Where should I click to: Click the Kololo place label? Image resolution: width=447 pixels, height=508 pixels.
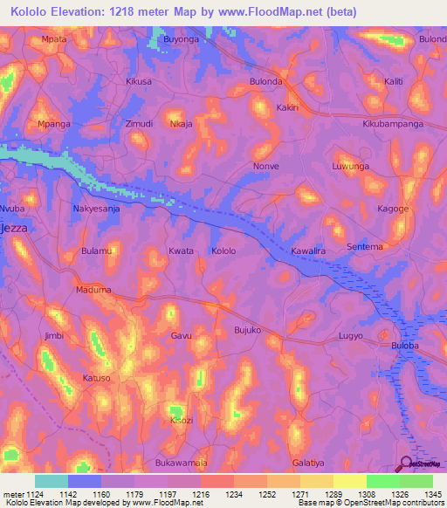tap(223, 251)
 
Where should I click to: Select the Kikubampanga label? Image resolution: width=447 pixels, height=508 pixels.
tap(393, 125)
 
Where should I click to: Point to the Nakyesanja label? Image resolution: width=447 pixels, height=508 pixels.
tap(95, 209)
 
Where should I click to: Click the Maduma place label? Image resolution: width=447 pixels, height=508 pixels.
tap(93, 290)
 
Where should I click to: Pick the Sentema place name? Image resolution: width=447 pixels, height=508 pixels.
tap(365, 247)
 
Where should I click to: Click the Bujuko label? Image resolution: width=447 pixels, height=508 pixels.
tap(248, 330)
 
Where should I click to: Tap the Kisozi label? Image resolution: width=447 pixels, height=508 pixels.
tap(182, 421)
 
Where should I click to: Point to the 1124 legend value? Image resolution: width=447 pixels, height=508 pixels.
tap(34, 494)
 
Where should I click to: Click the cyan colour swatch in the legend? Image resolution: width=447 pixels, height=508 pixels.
tap(51, 480)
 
